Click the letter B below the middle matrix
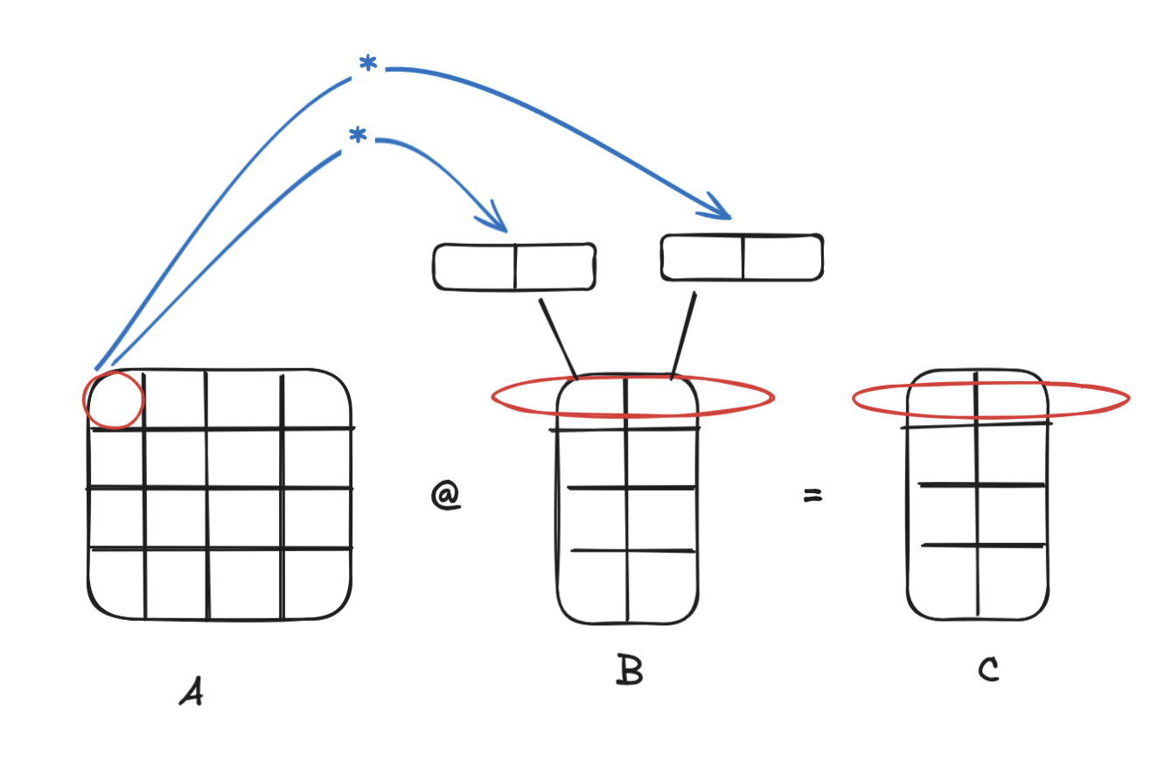coord(629,671)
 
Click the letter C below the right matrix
coord(988,670)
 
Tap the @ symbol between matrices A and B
coord(445,496)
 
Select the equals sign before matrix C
coord(813,496)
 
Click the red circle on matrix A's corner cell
coord(113,400)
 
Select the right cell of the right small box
coord(782,258)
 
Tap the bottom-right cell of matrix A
coord(315,583)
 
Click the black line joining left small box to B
coord(557,337)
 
